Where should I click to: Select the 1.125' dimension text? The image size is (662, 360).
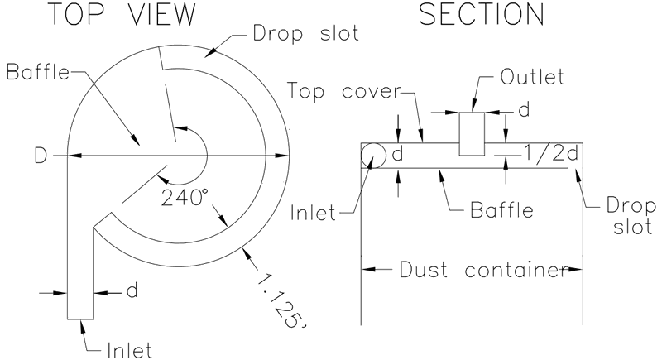279,297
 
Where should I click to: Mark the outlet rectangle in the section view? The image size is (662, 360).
472,133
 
